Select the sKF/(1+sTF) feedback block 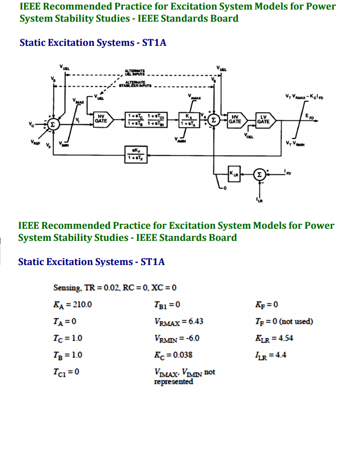click(135, 152)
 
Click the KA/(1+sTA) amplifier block click(187, 120)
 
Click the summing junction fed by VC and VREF click(52, 122)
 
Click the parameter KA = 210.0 click(73, 304)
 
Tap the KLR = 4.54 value click(274, 338)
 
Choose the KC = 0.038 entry click(173, 354)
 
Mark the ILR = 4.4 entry click(271, 354)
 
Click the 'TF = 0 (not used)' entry click(284, 321)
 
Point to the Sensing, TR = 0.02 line click(115, 288)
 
